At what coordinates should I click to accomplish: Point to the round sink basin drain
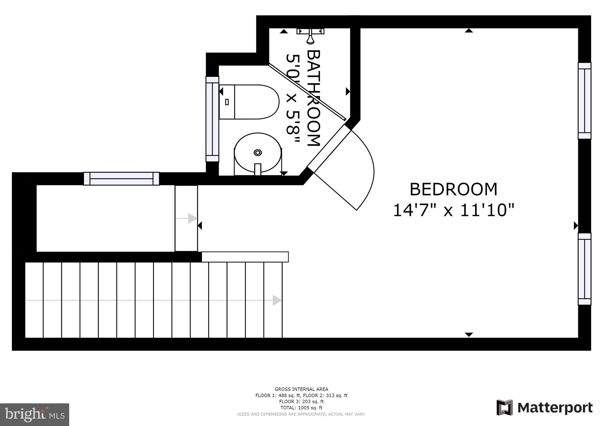pyautogui.click(x=258, y=152)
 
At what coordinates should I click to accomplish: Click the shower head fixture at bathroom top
pyautogui.click(x=310, y=35)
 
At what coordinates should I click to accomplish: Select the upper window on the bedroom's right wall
pyautogui.click(x=584, y=101)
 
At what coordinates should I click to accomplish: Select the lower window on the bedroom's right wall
pyautogui.click(x=584, y=269)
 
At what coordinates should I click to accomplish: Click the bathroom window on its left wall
pyautogui.click(x=212, y=119)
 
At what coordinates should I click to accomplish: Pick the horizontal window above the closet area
pyautogui.click(x=121, y=179)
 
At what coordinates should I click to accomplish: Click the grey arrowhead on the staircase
pyautogui.click(x=277, y=300)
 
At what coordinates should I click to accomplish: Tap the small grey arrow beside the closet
pyautogui.click(x=192, y=218)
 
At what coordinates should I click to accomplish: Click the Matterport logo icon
pyautogui.click(x=504, y=407)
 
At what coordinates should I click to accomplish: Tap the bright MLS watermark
pyautogui.click(x=34, y=415)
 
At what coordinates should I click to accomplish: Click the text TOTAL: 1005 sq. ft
pyautogui.click(x=301, y=408)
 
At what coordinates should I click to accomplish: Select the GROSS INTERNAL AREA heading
pyautogui.click(x=301, y=389)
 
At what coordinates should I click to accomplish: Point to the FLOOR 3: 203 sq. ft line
pyautogui.click(x=301, y=402)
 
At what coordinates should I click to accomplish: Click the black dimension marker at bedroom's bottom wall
pyautogui.click(x=469, y=335)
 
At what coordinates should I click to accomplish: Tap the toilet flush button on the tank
pyautogui.click(x=227, y=102)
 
